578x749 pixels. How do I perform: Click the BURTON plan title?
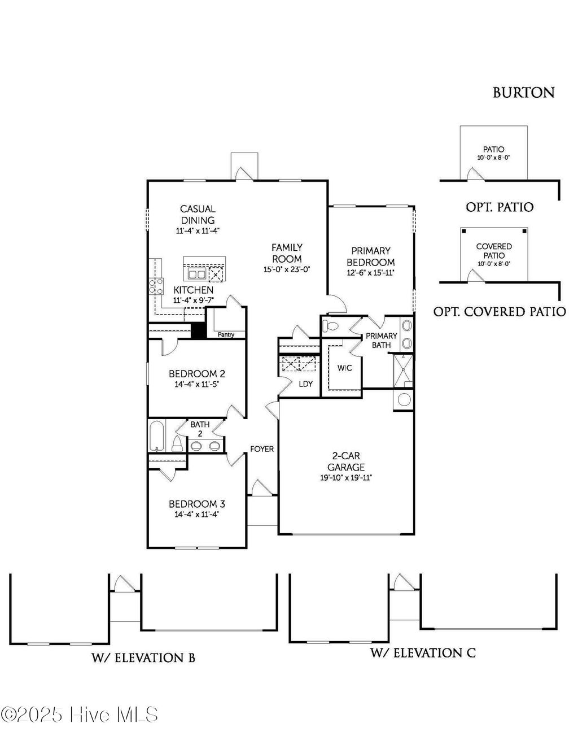point(523,93)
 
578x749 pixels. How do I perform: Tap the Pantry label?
point(226,335)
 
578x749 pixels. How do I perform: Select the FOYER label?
point(262,449)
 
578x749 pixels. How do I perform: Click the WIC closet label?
point(345,368)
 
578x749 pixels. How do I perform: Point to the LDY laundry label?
point(305,384)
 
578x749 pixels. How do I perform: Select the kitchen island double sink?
point(196,275)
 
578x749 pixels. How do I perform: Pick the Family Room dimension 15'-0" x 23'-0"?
point(287,270)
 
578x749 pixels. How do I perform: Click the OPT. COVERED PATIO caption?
point(500,311)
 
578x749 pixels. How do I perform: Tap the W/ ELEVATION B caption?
point(143,657)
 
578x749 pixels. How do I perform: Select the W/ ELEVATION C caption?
point(423,653)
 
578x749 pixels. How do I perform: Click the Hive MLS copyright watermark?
point(80,715)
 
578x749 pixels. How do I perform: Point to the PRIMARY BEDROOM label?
point(370,256)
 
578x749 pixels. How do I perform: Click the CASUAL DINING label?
point(198,215)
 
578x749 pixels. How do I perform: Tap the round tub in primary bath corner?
point(405,399)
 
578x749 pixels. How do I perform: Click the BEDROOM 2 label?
point(197,373)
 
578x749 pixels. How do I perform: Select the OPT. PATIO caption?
point(500,207)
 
